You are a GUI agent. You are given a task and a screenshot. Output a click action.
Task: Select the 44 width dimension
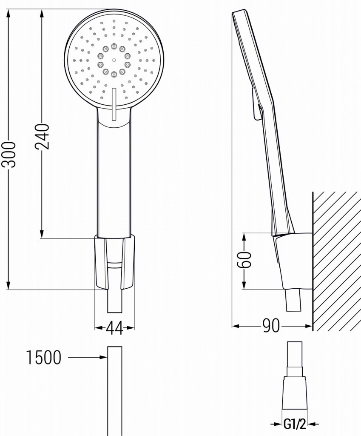(114, 328)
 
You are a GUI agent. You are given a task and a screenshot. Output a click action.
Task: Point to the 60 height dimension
(245, 259)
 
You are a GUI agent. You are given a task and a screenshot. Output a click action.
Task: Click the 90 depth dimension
(271, 326)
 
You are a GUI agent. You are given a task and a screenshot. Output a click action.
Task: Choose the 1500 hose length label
(44, 358)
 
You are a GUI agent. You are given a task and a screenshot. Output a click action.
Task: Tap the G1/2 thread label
(295, 424)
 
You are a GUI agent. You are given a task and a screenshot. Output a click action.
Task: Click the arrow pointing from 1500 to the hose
(87, 357)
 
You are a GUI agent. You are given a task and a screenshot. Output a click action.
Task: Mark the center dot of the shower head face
(114, 60)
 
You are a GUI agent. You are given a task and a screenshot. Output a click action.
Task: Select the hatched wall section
(337, 260)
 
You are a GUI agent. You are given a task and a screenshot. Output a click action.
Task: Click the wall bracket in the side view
(293, 260)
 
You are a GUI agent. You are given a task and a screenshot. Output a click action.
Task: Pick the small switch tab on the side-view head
(256, 104)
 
